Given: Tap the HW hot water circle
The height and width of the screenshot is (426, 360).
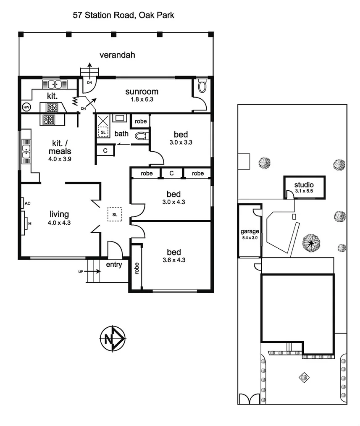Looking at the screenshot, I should point(26,107).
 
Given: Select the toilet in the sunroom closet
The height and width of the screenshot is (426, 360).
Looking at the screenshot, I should point(202,87).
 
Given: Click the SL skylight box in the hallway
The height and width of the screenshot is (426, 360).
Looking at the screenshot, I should point(115,214).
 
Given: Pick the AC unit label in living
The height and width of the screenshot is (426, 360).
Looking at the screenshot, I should point(28,203).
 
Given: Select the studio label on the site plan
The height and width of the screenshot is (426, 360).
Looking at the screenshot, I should point(304,184).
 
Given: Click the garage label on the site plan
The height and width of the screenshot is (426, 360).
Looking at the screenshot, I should point(249,231).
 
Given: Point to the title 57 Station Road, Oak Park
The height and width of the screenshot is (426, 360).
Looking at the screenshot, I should point(124,16).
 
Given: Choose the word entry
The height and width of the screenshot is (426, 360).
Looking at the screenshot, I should point(114,265).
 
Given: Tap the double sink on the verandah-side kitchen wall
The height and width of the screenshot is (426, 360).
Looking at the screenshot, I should point(55,84).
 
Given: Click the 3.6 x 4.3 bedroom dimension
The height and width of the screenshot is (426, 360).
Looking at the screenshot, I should point(174,260).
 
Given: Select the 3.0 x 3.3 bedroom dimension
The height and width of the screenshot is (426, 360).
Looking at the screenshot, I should point(181,142).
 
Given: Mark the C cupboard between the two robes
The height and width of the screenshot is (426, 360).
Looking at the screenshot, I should point(171,173).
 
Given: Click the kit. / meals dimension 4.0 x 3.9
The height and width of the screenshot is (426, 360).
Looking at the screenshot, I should point(59,159).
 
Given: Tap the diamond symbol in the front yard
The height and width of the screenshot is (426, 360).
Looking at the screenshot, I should point(304,377).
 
